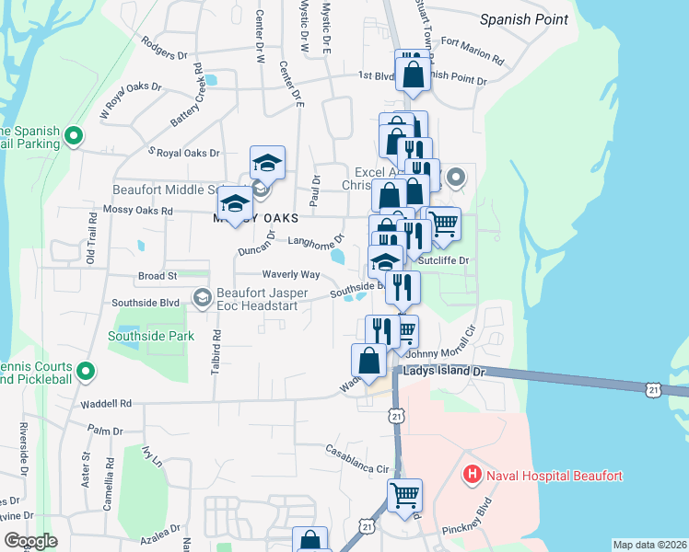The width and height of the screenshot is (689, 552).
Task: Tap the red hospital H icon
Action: [472, 476]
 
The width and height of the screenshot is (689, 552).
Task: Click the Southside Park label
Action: [151, 336]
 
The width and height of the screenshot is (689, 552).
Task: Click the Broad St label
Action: [158, 276]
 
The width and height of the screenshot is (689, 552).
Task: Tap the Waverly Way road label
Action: [290, 275]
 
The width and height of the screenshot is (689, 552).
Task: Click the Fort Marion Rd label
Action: [473, 53]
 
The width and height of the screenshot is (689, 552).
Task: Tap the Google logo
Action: [30, 541]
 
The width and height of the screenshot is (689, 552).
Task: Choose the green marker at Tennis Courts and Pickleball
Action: [86, 372]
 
